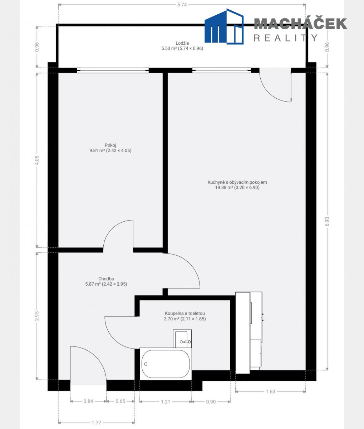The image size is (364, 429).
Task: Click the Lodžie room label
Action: (x=182, y=43)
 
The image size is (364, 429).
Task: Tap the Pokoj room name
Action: (x=110, y=145)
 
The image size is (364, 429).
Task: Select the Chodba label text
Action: (x=106, y=279)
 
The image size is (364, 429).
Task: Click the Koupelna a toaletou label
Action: (x=185, y=314)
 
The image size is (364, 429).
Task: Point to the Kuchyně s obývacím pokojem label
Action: (x=237, y=182)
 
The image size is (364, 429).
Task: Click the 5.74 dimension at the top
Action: (x=182, y=5)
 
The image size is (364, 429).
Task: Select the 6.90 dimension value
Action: (x=328, y=221)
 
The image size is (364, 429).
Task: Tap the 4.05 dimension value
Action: (x=37, y=160)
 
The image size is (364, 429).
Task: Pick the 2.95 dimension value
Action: (x=37, y=316)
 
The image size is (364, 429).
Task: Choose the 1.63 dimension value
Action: (x=270, y=392)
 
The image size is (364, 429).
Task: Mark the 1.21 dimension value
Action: (x=166, y=402)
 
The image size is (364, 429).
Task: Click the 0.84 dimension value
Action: (x=88, y=401)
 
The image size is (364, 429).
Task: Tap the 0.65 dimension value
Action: (x=120, y=401)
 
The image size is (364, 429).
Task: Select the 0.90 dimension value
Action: (x=211, y=402)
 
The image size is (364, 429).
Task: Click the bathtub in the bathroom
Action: (x=166, y=364)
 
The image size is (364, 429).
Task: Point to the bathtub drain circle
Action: (x=146, y=364)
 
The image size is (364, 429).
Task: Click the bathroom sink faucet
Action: (x=185, y=342)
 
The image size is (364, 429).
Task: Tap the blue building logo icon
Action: (x=224, y=26)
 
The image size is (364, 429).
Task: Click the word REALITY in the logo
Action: (x=286, y=38)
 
